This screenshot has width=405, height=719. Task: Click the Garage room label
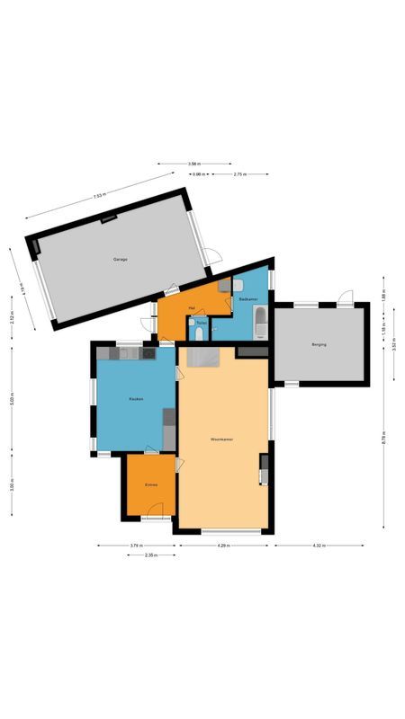click(120, 260)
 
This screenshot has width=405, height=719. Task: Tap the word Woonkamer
click(222, 439)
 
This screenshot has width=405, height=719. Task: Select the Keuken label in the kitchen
click(136, 398)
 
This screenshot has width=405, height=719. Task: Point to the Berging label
click(319, 344)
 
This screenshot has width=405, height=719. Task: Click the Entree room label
click(151, 485)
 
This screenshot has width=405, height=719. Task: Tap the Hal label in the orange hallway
click(192, 307)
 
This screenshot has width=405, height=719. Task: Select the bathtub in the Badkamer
click(260, 320)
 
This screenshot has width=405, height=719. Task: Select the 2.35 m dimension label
click(150, 555)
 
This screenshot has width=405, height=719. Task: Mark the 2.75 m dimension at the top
click(239, 173)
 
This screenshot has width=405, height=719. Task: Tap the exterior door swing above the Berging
click(345, 297)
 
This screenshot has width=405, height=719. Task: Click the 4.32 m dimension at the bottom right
click(319, 546)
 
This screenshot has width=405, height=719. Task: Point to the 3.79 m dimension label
click(135, 546)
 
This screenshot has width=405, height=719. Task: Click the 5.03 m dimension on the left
click(12, 399)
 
